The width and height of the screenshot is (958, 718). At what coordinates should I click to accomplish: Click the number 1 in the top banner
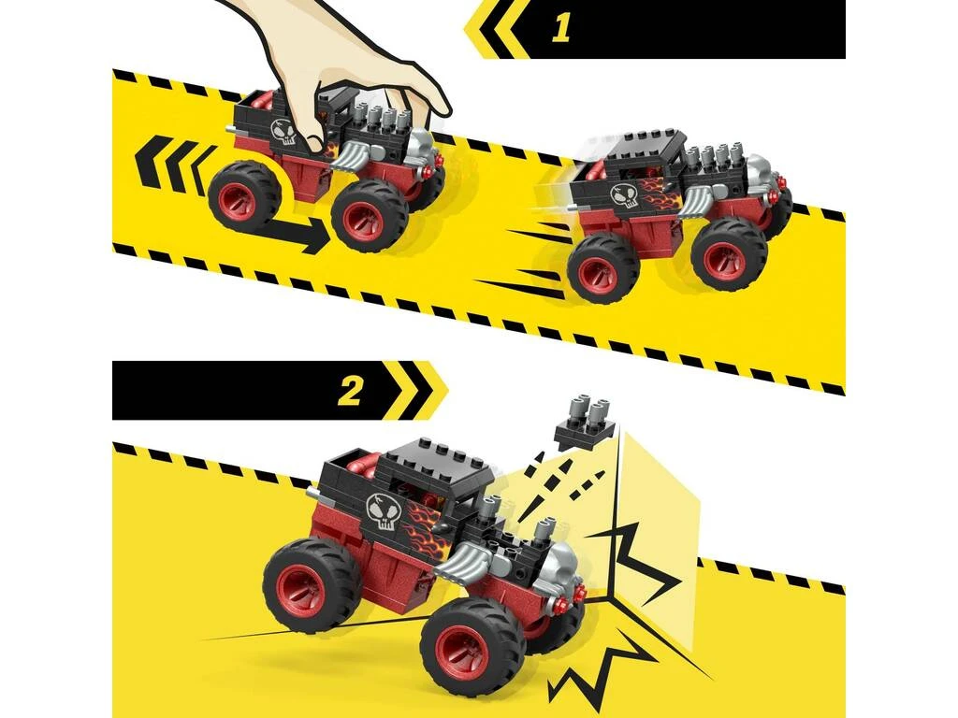tap(560, 29)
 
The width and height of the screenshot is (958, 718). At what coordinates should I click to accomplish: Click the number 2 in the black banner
tap(349, 391)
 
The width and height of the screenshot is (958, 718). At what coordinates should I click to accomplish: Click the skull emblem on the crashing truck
tap(384, 511)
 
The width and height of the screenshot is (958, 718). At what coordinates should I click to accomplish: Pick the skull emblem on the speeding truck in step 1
tap(624, 195)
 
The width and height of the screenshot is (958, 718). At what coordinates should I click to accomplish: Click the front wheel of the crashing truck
tap(472, 644)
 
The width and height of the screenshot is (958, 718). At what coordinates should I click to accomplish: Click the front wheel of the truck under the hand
tap(370, 214)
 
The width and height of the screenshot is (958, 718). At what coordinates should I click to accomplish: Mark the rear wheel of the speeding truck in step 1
tap(603, 266)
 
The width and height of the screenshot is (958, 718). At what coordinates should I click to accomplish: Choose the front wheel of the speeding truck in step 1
tap(729, 252)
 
